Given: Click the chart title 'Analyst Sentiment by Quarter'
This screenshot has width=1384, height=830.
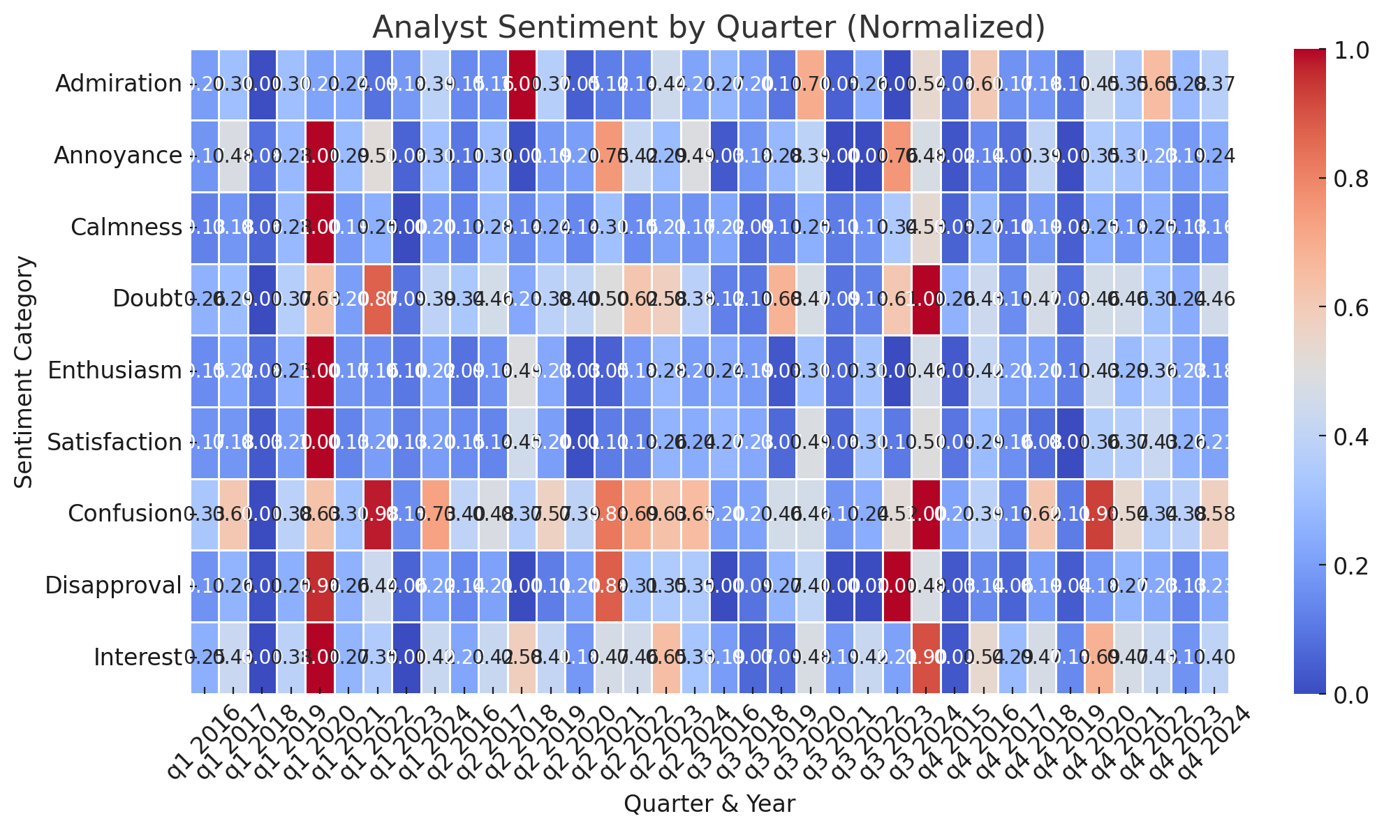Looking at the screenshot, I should (708, 28).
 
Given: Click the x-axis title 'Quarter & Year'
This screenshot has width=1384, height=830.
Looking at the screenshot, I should (708, 804).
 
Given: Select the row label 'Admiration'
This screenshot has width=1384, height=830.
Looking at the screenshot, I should (117, 84).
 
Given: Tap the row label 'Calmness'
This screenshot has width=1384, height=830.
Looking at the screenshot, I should (126, 228).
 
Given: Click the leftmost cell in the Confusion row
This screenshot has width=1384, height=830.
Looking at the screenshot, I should (204, 514).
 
